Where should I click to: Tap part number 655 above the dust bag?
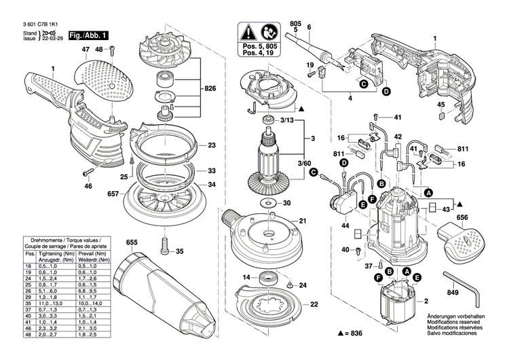pos(131,242)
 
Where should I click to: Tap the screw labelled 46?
pos(88,172)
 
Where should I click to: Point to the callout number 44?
pos(345,225)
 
